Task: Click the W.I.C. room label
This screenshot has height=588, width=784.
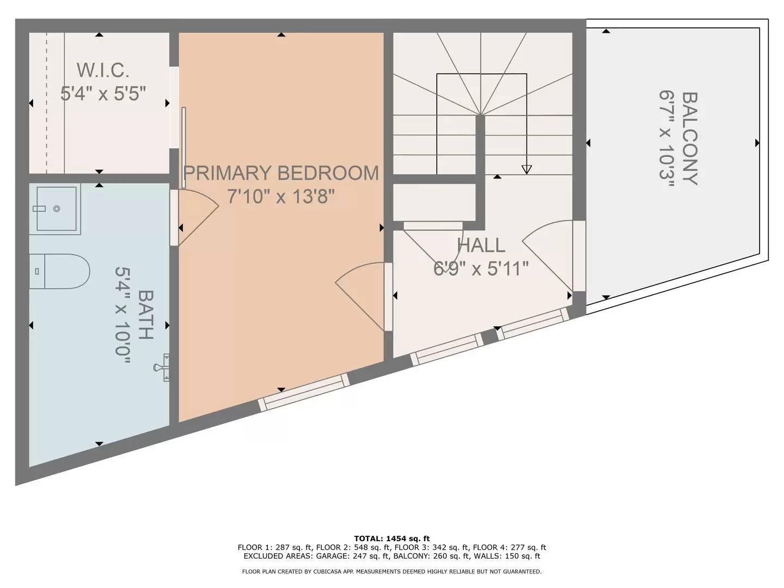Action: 103,70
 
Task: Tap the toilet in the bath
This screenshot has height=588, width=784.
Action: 59,271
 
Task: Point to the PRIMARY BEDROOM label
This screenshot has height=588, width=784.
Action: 281,173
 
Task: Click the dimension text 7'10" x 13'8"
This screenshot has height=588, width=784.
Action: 281,196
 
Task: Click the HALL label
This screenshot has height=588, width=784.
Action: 481,245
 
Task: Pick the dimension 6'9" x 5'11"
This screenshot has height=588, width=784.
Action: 481,268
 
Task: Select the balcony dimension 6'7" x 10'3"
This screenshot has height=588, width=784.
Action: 666,139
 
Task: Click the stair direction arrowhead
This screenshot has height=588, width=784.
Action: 526,169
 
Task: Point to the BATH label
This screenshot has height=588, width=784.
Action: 146,315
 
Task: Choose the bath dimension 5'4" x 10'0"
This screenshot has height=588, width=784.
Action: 122,316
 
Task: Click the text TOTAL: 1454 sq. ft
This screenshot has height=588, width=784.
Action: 392,538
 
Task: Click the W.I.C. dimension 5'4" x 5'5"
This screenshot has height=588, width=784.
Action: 103,94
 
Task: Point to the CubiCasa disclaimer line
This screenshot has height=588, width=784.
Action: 392,572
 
